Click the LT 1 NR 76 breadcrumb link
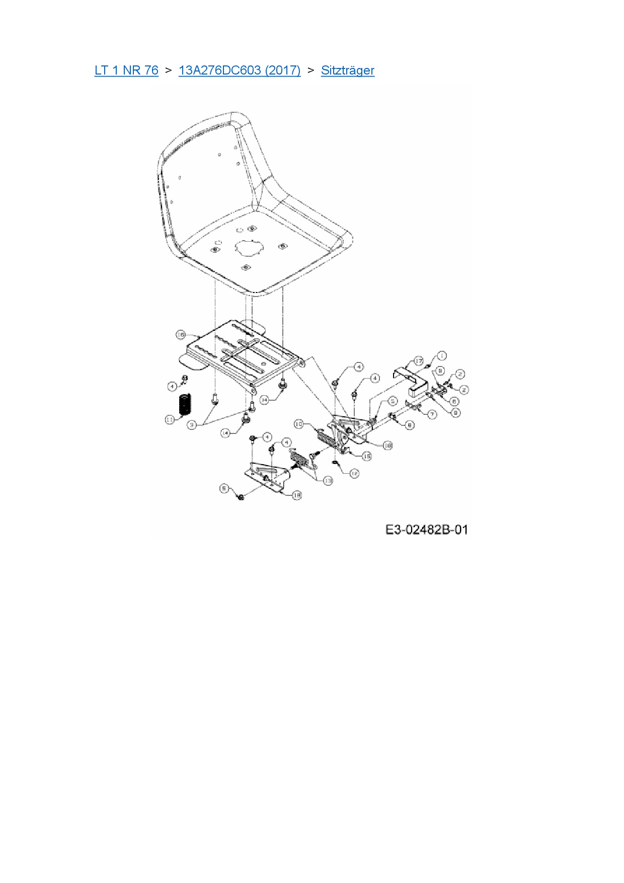coord(126,70)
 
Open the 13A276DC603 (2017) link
coord(240,70)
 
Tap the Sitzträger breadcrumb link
coord(348,70)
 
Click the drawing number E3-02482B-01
coord(427,530)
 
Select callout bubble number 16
coord(181,335)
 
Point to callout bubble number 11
coord(170,419)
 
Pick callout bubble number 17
coord(419,361)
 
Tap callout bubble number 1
coord(441,356)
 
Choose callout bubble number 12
coord(354,473)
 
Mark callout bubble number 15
coord(367,456)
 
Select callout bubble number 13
coord(328,481)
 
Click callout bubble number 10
coord(298,424)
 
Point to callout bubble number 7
coord(432,414)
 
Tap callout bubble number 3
coord(191,425)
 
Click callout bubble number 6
coord(454,401)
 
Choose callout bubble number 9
coord(455,412)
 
